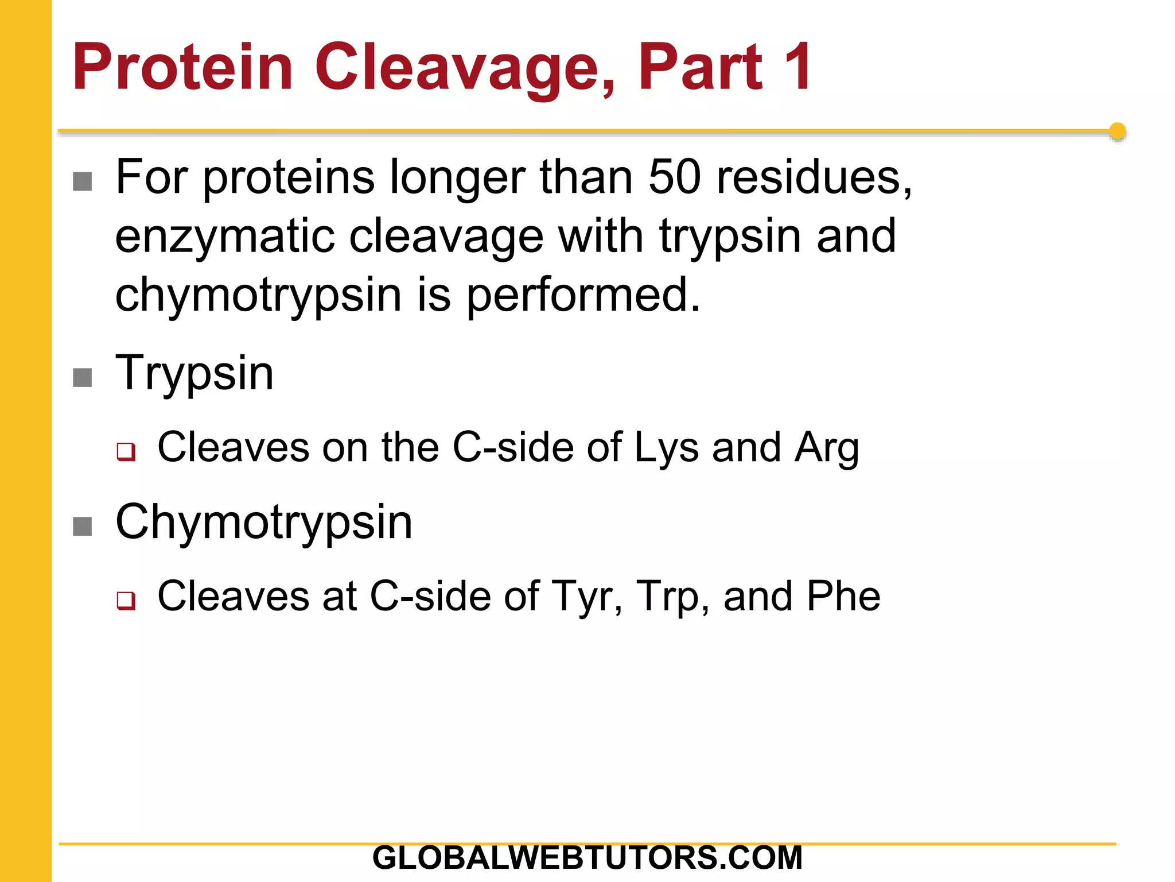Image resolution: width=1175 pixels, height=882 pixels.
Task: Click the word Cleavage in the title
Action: [465, 68]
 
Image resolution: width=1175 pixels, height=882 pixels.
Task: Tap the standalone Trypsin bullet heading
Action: [194, 373]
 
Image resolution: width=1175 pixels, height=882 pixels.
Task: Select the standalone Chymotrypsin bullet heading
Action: [264, 522]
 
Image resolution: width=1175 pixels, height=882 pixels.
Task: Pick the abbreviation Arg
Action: [827, 448]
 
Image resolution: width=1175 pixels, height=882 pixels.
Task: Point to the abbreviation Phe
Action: [843, 596]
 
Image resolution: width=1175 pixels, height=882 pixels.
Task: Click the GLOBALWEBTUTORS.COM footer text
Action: [587, 858]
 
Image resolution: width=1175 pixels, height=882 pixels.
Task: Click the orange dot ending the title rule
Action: [1117, 131]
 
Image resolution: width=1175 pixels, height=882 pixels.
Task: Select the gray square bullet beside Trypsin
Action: [83, 378]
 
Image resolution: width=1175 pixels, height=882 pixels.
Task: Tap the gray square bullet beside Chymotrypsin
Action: [83, 526]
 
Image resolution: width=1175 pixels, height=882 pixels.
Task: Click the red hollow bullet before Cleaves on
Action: [126, 451]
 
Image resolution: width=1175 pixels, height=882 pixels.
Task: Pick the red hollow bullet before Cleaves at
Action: [126, 600]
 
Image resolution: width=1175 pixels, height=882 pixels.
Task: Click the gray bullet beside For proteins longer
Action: [83, 181]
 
